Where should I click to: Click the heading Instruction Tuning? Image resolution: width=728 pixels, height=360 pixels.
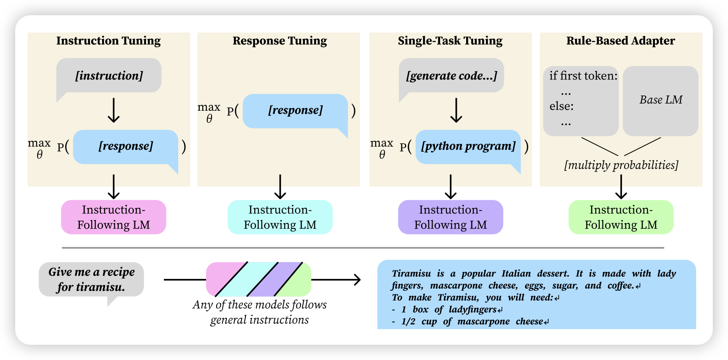(109, 41)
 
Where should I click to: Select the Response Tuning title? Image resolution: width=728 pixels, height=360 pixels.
(280, 41)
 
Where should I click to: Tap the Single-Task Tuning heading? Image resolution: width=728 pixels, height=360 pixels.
(450, 41)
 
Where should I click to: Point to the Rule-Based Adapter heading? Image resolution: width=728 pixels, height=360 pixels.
(620, 41)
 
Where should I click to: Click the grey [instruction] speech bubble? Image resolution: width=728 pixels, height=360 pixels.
(109, 76)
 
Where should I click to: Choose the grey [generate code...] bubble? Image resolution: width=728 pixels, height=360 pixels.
(451, 76)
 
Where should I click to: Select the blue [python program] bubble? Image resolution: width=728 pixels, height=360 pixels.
(468, 146)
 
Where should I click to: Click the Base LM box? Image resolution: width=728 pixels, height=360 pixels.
(660, 100)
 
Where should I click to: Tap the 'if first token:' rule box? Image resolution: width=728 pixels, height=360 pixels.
(581, 101)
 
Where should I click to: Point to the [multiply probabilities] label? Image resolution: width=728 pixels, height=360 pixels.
(621, 165)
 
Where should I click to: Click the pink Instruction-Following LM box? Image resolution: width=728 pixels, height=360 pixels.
(114, 217)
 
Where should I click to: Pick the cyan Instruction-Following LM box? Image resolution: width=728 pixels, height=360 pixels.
(280, 217)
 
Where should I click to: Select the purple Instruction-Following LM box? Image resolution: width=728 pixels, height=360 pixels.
(451, 217)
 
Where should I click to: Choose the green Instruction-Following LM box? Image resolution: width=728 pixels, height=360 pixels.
(621, 217)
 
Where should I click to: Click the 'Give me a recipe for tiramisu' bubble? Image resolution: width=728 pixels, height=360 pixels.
(91, 279)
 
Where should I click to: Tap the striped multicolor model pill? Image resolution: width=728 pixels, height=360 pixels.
(258, 279)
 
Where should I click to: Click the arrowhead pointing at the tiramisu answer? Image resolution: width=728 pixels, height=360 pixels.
(358, 279)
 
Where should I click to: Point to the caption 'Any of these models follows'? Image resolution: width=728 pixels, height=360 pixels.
(259, 305)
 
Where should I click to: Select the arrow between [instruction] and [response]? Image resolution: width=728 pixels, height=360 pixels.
(114, 110)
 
